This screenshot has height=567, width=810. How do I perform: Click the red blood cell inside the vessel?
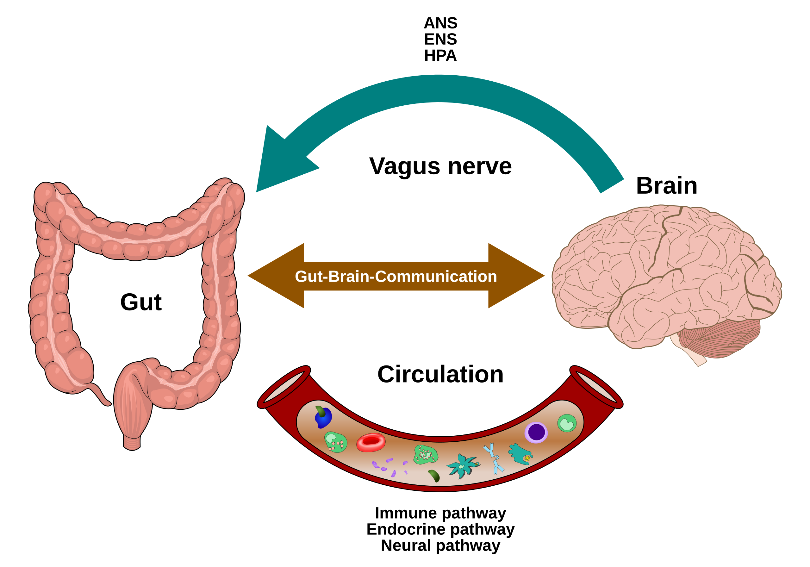[371, 442]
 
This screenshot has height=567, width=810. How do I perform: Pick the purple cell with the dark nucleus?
[536, 432]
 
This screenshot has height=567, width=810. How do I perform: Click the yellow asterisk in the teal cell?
[527, 458]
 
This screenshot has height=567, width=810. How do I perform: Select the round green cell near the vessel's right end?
[567, 423]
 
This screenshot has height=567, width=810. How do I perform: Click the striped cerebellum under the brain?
[720, 337]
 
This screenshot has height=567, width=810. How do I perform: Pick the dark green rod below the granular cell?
[434, 475]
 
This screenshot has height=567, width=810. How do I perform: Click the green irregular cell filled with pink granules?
[426, 455]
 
